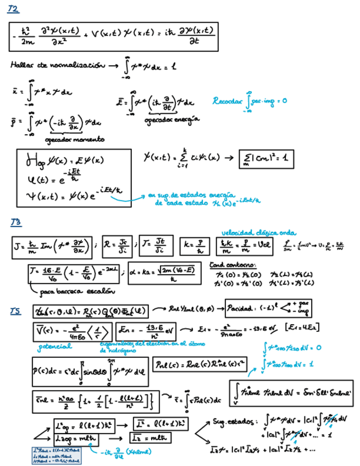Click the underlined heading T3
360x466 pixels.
click(15, 221)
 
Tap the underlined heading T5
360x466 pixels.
click(15, 312)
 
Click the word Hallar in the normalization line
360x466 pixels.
click(21, 65)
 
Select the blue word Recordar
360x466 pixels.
click(227, 101)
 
